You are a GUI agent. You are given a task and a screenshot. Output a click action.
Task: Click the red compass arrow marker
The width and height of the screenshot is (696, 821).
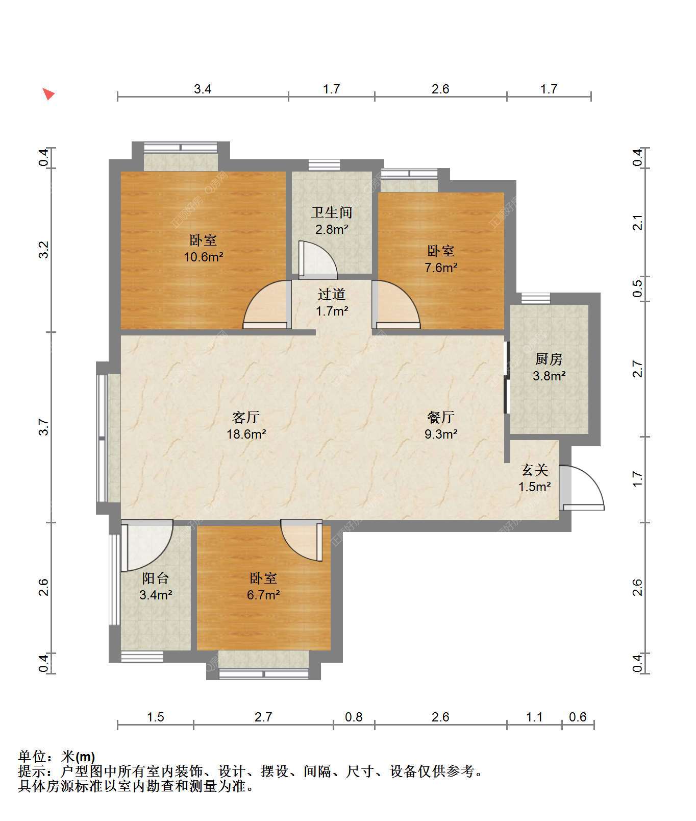click(x=48, y=94)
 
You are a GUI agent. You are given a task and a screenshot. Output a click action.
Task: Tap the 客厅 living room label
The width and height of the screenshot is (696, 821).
click(x=246, y=418)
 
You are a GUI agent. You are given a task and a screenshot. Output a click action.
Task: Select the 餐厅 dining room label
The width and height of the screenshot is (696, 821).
click(x=441, y=418)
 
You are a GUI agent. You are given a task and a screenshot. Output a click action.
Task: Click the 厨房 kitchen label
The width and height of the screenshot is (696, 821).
click(x=549, y=359)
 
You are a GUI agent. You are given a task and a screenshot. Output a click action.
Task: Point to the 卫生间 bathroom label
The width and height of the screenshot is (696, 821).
click(x=332, y=212)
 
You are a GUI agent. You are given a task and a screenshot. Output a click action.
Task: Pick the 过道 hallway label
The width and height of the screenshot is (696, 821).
click(x=332, y=294)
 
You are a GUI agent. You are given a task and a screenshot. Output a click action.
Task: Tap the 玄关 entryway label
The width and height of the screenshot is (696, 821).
click(x=535, y=470)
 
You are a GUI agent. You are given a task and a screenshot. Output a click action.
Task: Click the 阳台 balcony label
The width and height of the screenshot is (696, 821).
click(x=156, y=578)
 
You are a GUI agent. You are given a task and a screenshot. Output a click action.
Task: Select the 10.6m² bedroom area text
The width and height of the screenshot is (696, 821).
click(x=204, y=257)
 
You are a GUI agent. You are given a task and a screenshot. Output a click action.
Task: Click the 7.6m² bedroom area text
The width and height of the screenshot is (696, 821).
click(x=441, y=268)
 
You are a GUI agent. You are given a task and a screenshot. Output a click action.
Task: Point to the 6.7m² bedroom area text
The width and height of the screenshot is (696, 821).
click(x=263, y=595)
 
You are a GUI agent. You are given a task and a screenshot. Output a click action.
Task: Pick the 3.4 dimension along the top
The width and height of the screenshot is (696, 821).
click(x=203, y=89)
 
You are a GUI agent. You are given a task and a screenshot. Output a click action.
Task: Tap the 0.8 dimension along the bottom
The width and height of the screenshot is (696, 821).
click(x=354, y=717)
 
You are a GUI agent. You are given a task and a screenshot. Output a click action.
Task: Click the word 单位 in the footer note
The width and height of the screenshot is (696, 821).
click(x=32, y=756)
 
